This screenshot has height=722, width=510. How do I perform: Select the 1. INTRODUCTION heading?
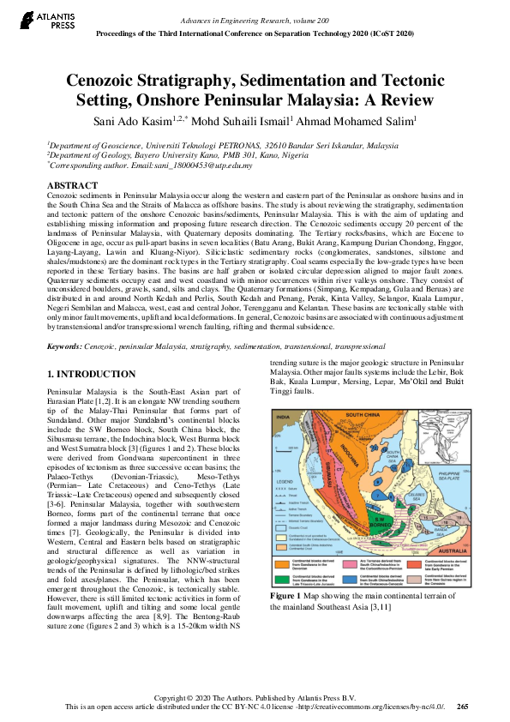(x=90, y=375)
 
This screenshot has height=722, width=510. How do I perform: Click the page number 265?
(x=463, y=707)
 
